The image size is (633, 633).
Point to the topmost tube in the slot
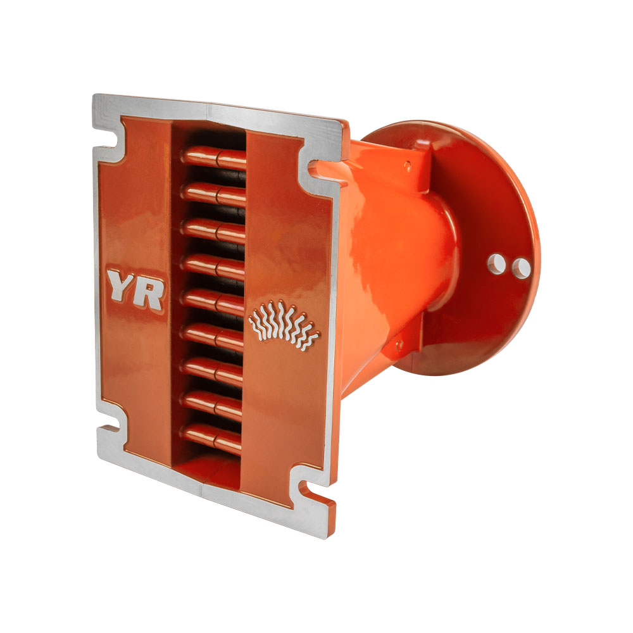(x=214, y=158)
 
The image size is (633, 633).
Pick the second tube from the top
(x=213, y=194)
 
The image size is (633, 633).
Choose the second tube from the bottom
(x=211, y=403)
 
